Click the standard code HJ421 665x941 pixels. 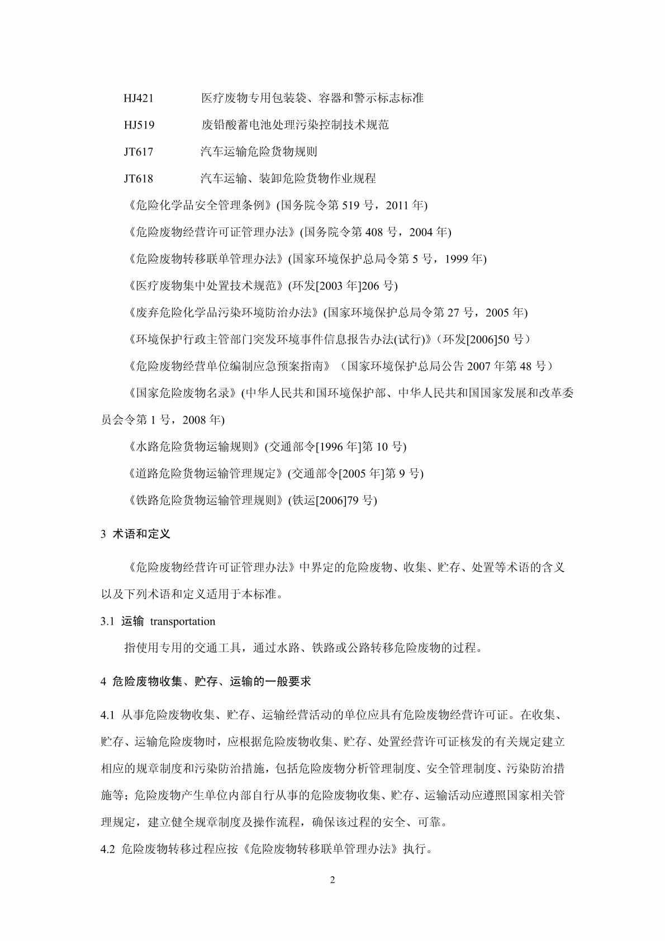(139, 98)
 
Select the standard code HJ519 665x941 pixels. (139, 125)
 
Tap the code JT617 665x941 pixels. (139, 152)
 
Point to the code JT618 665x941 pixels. (139, 179)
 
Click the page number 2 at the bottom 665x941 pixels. (332, 881)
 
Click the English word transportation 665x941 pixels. (183, 621)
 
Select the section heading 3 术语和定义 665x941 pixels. (136, 534)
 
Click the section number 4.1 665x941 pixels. (108, 715)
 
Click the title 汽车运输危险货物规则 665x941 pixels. (259, 152)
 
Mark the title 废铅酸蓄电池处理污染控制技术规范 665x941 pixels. (294, 125)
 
